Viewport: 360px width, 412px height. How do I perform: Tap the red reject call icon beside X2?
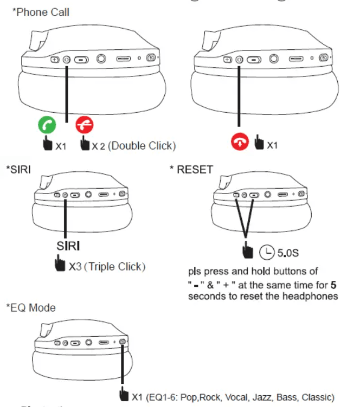pos(85,126)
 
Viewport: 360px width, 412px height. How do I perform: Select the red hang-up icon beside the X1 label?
pos(240,143)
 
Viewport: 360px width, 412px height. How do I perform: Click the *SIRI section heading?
pos(18,169)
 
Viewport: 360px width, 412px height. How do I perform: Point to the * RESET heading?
pos(191,169)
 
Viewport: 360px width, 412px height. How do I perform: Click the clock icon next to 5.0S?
pos(267,252)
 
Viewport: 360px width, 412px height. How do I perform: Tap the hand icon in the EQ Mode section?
pos(124,395)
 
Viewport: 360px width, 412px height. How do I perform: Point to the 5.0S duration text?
pos(287,253)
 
